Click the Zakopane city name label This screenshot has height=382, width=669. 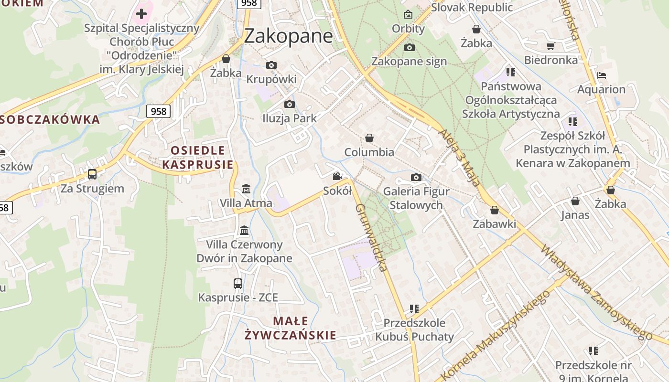(x=288, y=36)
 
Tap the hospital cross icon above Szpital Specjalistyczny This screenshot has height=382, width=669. (x=141, y=13)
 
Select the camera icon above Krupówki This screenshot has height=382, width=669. (x=271, y=65)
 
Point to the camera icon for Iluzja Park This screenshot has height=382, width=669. (x=289, y=105)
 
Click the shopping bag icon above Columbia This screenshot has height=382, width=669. (x=369, y=138)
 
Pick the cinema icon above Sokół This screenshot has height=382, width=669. (x=337, y=177)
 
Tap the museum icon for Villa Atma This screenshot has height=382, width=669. (x=246, y=189)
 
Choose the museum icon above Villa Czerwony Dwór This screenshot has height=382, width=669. (x=244, y=231)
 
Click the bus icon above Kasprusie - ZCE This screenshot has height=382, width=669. (x=238, y=284)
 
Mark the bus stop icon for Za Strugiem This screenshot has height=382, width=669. (x=92, y=174)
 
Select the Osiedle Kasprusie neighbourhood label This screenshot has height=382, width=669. (x=198, y=158)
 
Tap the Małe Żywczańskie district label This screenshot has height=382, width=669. (x=291, y=328)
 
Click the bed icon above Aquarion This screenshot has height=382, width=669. (x=602, y=75)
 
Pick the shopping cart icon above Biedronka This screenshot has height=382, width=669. (x=550, y=46)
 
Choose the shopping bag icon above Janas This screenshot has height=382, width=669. (x=575, y=201)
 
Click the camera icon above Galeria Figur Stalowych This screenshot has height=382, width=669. (x=416, y=178)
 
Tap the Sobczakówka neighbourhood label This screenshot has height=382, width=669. (x=50, y=119)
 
